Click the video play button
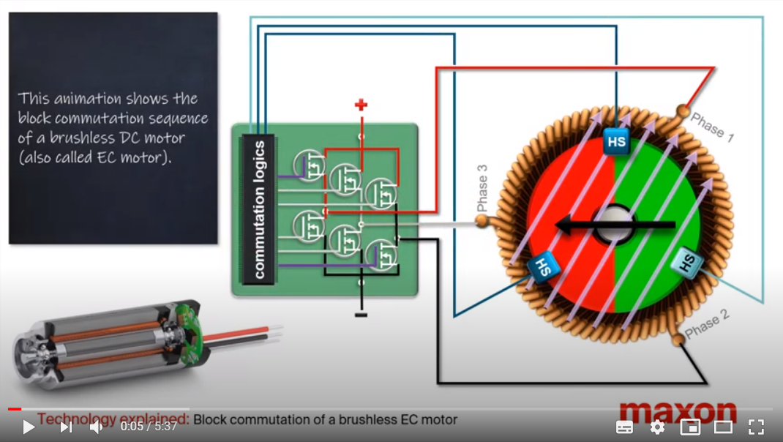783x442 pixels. [29, 427]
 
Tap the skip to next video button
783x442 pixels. [67, 427]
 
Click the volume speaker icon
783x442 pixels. [96, 427]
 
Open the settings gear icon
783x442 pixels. [657, 427]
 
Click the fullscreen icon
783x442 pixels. [756, 427]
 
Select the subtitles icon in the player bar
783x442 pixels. [624, 427]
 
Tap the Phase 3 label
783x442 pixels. [482, 188]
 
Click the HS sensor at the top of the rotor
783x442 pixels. [616, 141]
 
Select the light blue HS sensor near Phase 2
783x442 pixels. [686, 261]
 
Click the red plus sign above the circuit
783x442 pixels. [361, 105]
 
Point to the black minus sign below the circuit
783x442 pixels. [361, 315]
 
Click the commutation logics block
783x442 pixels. [258, 209]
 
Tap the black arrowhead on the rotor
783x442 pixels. [565, 225]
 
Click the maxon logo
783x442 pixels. [678, 412]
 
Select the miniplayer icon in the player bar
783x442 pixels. [690, 427]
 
